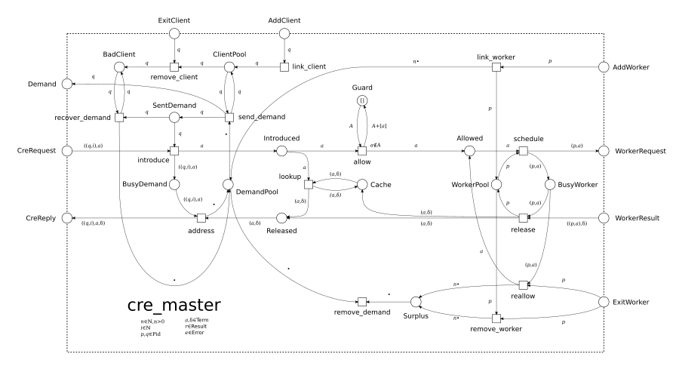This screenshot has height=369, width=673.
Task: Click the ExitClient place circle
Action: [x=174, y=33]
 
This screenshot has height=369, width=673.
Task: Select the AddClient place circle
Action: [x=284, y=33]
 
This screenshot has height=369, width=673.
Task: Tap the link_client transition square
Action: [x=284, y=67]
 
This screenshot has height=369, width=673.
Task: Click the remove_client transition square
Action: [x=174, y=67]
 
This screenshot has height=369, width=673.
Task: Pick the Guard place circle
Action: [x=362, y=101]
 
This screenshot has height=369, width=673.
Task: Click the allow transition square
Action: [x=362, y=151]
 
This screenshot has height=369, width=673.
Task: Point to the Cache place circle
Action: [x=362, y=185]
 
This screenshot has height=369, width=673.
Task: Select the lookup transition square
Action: [x=307, y=185]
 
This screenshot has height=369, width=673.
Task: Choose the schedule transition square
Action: [x=524, y=151]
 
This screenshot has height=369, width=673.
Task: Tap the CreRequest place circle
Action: [x=68, y=151]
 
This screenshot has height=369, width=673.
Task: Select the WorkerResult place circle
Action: [x=603, y=218]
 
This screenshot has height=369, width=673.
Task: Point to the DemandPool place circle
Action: [x=229, y=185]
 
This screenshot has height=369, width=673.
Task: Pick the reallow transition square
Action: [x=524, y=285]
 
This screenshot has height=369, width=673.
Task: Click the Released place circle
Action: [x=281, y=218]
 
